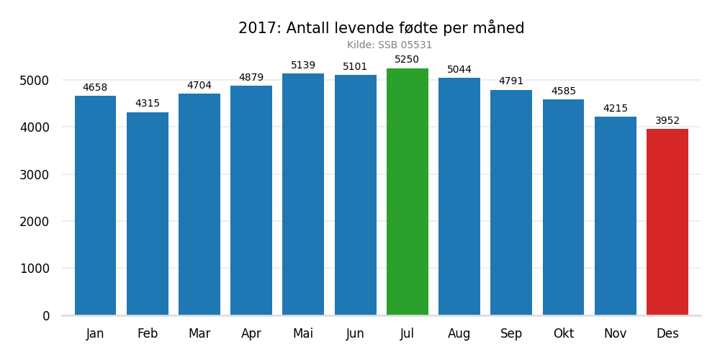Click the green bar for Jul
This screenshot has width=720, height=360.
tap(407, 192)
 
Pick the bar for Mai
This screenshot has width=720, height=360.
tap(303, 194)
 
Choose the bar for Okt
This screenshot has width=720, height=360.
tap(563, 207)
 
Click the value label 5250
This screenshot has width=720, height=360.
tap(407, 60)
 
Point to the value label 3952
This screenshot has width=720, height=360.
tap(667, 121)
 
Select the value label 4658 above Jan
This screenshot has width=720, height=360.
tap(95, 88)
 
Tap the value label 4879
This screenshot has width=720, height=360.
tap(251, 78)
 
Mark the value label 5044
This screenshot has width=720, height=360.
tap(459, 70)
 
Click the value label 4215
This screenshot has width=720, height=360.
tap(615, 109)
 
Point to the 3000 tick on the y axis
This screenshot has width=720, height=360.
tap(35, 175)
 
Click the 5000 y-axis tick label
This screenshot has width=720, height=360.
tap(35, 81)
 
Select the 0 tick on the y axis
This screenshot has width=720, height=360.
tap(46, 316)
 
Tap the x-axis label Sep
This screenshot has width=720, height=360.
tap(511, 334)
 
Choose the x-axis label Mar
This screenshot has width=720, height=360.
tap(199, 334)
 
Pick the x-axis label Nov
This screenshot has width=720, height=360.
tap(615, 334)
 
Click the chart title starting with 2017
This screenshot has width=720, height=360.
tap(381, 28)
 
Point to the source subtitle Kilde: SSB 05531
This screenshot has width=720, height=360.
tap(390, 45)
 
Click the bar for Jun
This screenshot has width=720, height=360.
tap(355, 195)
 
